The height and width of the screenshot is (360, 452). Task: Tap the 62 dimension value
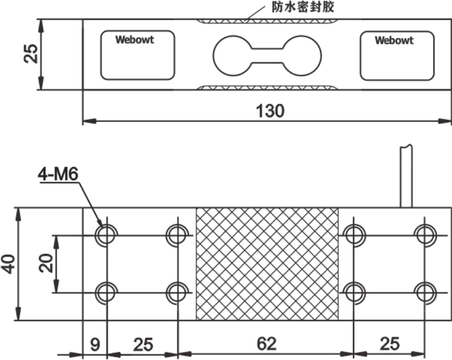(267, 345)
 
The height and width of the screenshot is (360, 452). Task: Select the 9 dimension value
(95, 345)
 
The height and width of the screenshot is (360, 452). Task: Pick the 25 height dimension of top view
(32, 54)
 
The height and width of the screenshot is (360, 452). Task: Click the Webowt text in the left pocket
(134, 40)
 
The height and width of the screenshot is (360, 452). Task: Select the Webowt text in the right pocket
(394, 40)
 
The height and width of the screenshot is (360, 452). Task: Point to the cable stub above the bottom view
(406, 176)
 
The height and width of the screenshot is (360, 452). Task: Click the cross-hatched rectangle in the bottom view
(267, 264)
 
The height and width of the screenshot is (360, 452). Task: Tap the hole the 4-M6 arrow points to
(106, 235)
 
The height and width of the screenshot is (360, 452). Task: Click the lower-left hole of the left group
(106, 292)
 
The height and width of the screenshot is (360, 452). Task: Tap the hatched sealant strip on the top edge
(267, 22)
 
